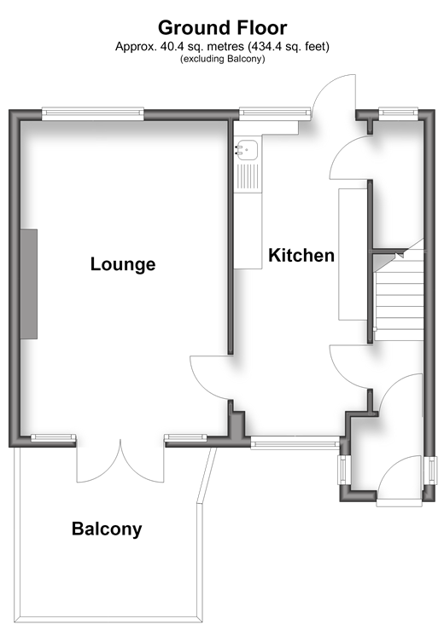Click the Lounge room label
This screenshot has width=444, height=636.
123,264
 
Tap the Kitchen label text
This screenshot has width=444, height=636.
301,256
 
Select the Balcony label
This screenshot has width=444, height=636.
107,529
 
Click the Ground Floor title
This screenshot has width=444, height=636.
222,28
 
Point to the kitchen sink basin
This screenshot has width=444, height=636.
247,150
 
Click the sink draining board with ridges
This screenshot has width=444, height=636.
248,176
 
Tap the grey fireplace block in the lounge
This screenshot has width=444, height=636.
29,284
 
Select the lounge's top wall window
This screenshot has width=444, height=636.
93,113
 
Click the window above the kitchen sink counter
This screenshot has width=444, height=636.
275,113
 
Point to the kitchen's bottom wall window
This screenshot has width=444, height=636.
295,443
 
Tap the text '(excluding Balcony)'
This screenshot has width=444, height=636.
223,59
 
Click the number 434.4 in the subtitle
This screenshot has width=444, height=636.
263,47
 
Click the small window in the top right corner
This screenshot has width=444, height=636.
398,113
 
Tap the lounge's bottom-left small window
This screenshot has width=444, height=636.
54,437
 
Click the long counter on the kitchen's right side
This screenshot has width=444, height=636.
353,254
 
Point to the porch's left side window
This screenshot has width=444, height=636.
342,470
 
